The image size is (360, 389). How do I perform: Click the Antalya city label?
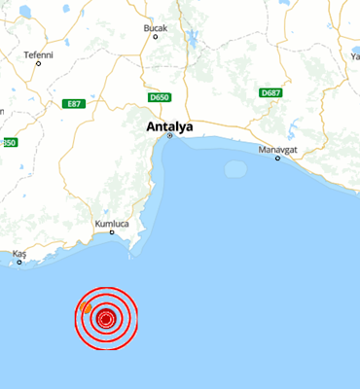169,126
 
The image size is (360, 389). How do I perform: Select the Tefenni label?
38,54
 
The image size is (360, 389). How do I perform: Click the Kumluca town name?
112,223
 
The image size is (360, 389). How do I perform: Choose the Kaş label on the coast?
19,253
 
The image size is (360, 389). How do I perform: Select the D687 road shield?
270,92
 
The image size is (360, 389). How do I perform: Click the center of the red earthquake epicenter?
106,317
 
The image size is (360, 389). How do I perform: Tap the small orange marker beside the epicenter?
87,308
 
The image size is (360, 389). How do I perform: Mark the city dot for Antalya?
169,136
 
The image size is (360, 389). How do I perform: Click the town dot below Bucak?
156,37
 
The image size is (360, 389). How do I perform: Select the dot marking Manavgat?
277,158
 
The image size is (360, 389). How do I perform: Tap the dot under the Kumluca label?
112,231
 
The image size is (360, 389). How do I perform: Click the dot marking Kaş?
19,261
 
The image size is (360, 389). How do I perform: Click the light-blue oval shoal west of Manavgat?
235,169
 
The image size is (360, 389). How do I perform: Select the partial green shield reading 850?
8,142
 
